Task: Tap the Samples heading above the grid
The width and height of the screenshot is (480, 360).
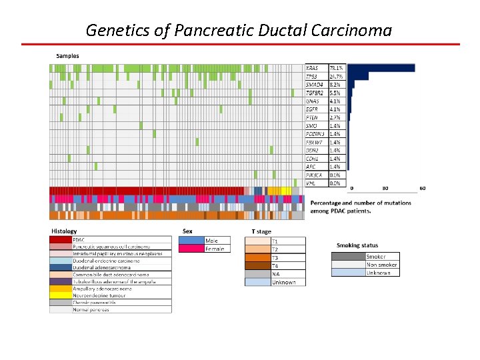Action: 67,56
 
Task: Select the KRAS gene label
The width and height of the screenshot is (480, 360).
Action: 312,68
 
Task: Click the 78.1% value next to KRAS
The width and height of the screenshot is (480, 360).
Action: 337,68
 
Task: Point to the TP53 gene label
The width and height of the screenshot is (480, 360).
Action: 312,77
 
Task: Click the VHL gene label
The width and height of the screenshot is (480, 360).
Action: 311,183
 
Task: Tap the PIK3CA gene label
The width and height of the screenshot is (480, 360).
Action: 314,175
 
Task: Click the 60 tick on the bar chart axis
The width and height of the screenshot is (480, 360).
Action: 423,189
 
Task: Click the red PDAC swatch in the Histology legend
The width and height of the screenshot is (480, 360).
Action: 61,239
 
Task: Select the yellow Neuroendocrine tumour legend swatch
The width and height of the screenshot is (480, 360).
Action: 61,295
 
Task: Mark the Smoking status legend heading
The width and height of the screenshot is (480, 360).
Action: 357,245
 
